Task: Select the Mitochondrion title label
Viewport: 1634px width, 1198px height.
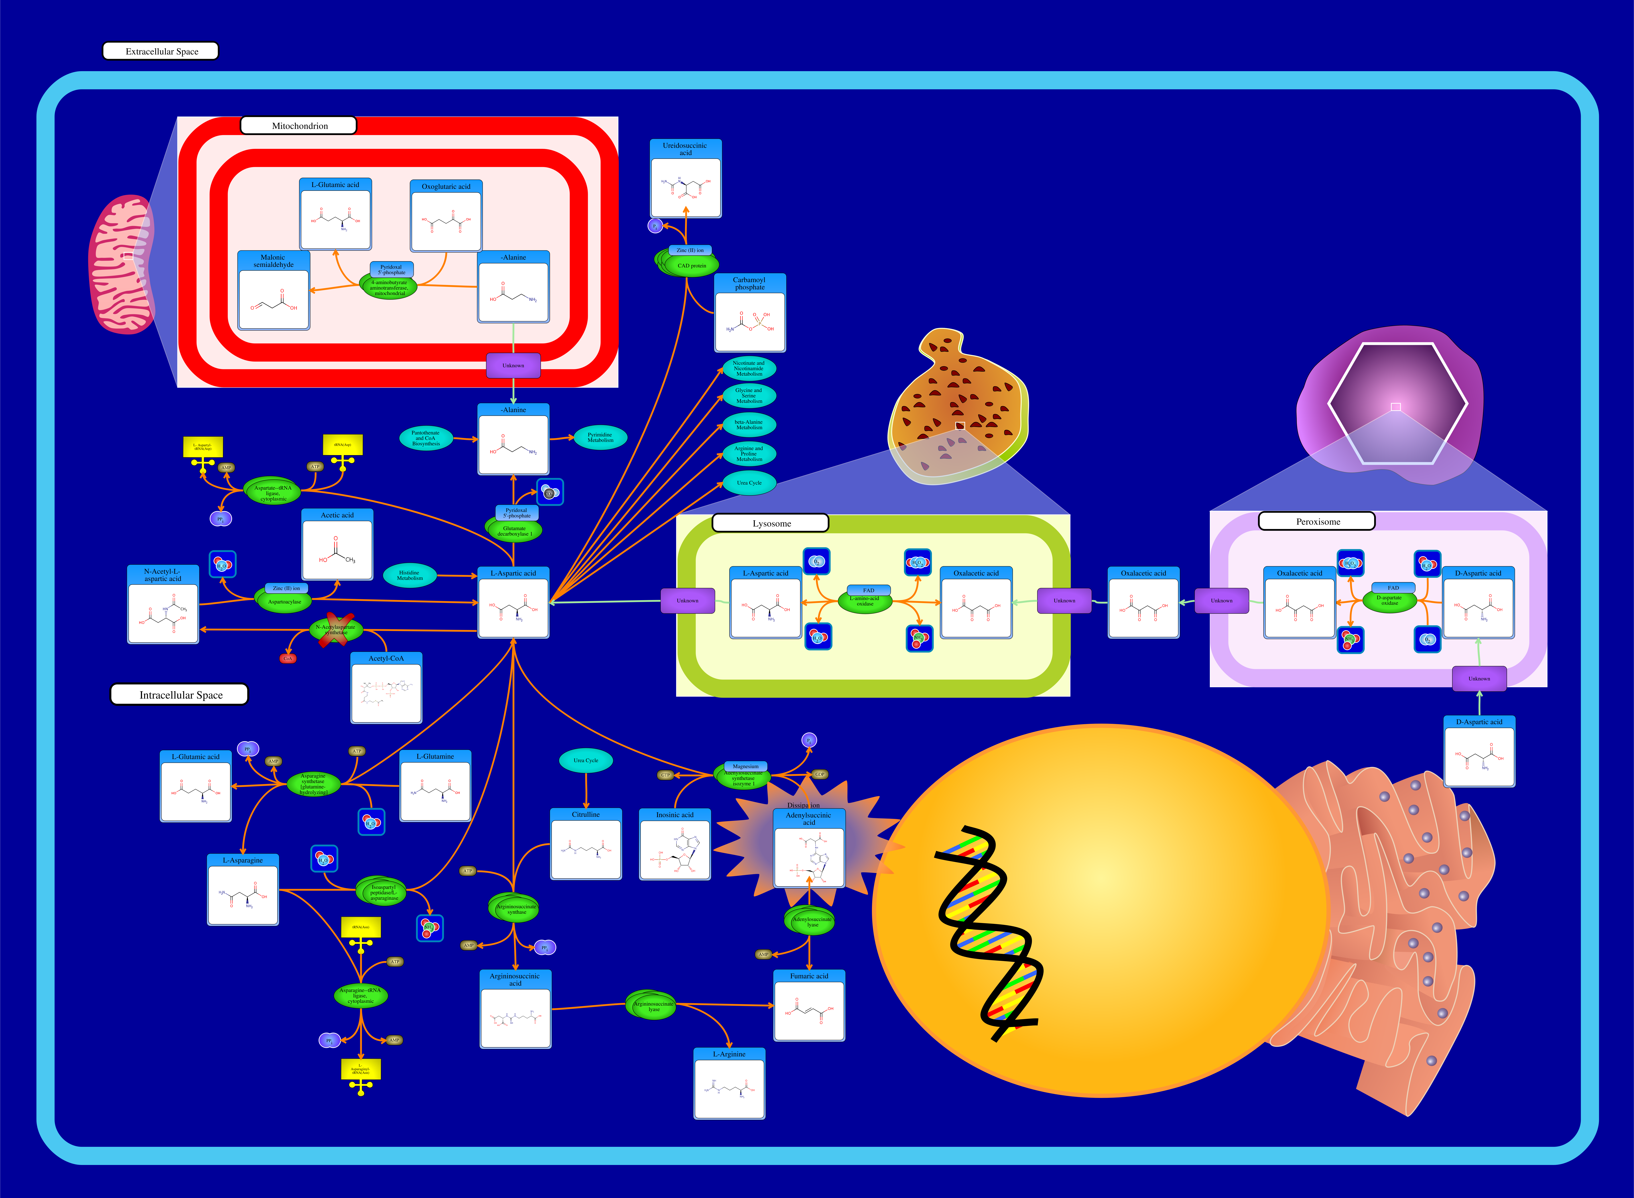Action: click(x=299, y=125)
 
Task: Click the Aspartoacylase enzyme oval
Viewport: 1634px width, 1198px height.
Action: click(x=284, y=601)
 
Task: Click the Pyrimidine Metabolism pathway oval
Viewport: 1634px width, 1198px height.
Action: click(x=600, y=437)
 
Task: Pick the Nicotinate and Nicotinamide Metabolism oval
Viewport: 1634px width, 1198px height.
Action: click(x=749, y=368)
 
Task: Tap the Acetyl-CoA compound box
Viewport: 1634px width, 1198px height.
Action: click(x=386, y=688)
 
